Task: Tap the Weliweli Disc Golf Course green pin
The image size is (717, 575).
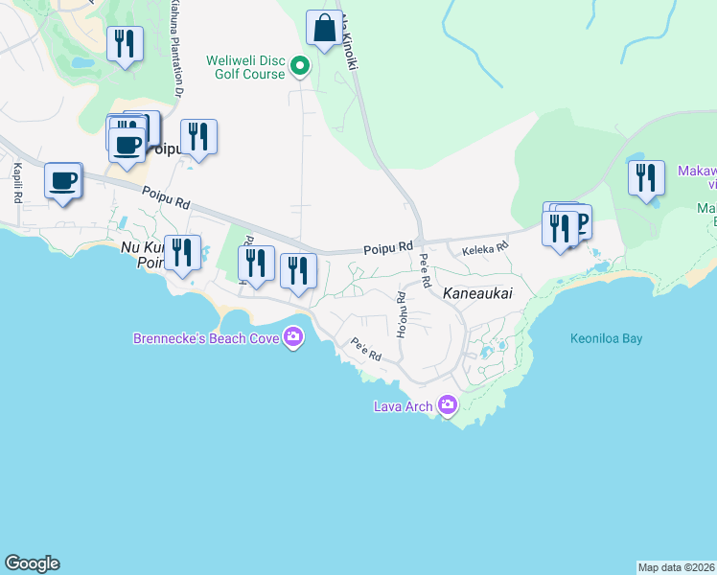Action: [x=300, y=66]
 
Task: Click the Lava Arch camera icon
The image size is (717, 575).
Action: [x=447, y=405]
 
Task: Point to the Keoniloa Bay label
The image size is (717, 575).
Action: [x=606, y=338]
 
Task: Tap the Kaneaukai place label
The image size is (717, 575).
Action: [x=480, y=296]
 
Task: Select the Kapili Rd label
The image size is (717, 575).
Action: [x=17, y=182]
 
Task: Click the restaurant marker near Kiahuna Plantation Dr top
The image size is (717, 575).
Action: [x=126, y=44]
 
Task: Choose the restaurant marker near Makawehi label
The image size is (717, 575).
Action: [x=646, y=178]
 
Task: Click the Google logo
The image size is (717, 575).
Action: [x=32, y=563]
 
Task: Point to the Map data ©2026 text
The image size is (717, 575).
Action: [x=677, y=566]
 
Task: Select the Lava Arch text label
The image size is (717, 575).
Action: [x=404, y=405]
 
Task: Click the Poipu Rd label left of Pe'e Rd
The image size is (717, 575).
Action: [x=387, y=248]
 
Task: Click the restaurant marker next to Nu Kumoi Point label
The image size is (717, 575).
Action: [x=182, y=254]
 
